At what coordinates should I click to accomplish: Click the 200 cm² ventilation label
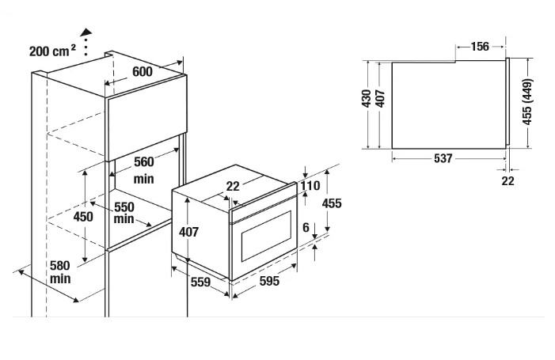pos(51,51)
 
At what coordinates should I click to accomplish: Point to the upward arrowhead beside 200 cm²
pos(86,30)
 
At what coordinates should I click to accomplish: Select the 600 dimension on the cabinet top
pos(142,71)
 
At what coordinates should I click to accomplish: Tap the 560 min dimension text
pos(143,170)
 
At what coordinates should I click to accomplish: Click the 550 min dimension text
pos(123,212)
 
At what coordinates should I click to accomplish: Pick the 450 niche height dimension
pos(83,216)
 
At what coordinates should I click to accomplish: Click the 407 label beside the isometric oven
pos(188,232)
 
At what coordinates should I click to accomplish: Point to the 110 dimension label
pos(310,187)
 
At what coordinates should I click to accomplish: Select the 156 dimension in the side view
pos(480,47)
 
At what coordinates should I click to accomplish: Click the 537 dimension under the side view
pos(443,158)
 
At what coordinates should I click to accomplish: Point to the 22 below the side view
pos(507,180)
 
